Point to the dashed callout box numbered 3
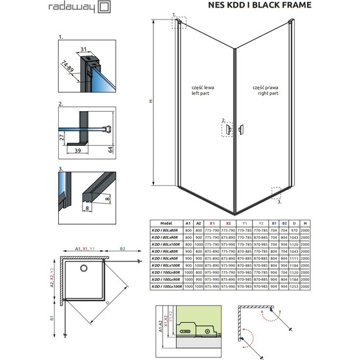point(276,192)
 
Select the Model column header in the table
point(166,223)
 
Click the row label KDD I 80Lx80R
point(166,231)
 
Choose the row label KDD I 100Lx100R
point(166,287)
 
